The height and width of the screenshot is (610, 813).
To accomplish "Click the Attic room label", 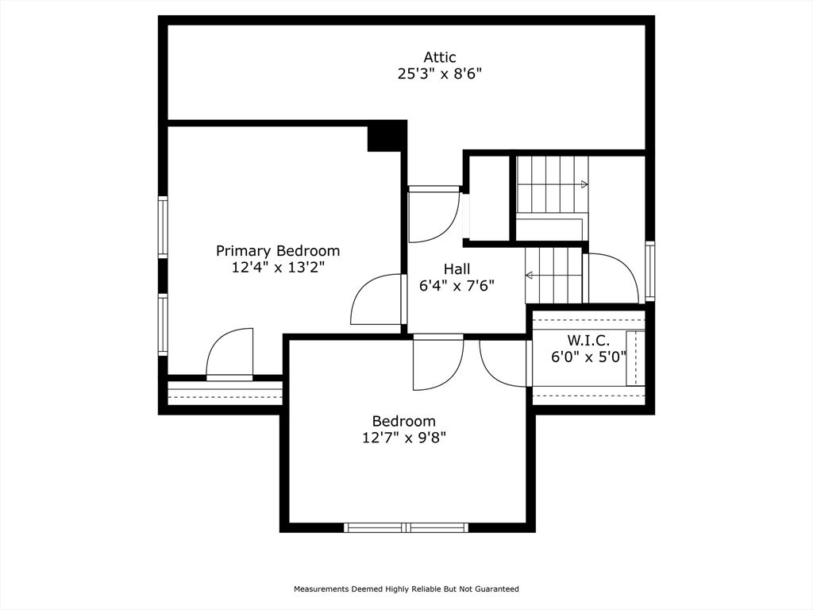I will (x=439, y=57).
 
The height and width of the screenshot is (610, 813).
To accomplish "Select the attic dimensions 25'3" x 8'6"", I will (x=439, y=74).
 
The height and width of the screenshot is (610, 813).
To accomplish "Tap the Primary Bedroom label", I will (x=278, y=251).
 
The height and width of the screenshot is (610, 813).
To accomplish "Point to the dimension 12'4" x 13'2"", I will (x=278, y=268).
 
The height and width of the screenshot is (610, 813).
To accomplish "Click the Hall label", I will (x=457, y=269).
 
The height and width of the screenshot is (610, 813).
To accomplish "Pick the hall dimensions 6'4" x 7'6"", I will (x=457, y=286).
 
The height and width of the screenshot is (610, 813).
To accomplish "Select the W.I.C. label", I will (x=588, y=340).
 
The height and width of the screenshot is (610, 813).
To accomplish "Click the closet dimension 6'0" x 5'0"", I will (x=588, y=357).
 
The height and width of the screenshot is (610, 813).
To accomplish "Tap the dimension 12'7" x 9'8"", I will (x=404, y=438).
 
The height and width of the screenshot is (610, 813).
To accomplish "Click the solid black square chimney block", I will (x=387, y=137).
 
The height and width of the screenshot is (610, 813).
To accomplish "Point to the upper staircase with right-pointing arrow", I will (x=553, y=184).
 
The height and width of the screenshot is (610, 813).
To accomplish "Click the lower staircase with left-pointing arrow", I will (x=553, y=276).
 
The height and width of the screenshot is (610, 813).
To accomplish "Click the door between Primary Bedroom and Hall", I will (x=378, y=299).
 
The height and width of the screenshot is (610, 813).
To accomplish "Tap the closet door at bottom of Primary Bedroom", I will (x=229, y=354).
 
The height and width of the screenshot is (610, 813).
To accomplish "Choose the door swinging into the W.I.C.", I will (x=504, y=363).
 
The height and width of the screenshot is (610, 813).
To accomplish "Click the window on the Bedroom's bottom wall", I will (x=406, y=527).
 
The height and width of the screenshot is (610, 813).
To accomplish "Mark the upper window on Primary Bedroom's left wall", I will (x=163, y=227).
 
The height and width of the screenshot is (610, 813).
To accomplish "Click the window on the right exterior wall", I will (x=649, y=271).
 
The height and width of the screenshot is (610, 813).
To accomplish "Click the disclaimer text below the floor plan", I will (x=406, y=589).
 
